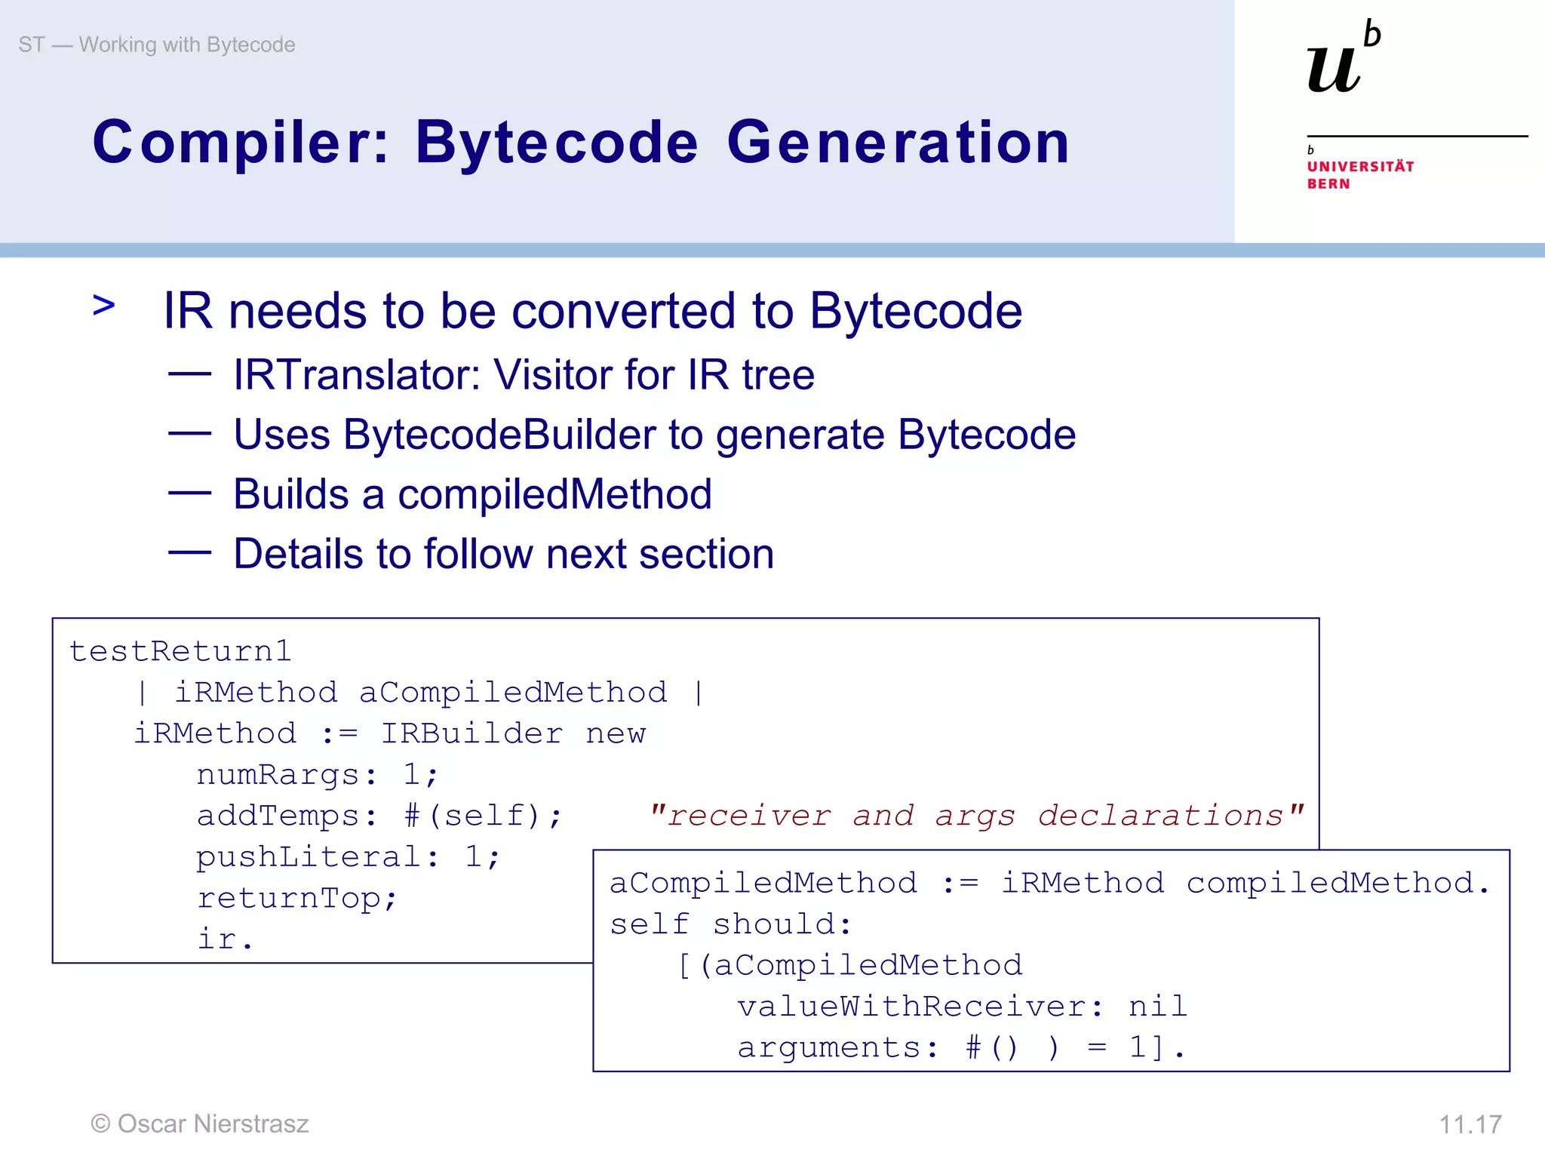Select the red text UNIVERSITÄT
[1360, 167]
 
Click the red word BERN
[1328, 184]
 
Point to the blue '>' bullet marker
[104, 306]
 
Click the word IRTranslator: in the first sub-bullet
[356, 374]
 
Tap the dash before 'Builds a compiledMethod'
[189, 493]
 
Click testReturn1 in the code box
[180, 651]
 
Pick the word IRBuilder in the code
[471, 733]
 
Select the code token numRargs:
[287, 775]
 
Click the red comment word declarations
[1160, 816]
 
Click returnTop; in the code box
[296, 898]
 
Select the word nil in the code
[1157, 1007]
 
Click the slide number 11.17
[1470, 1124]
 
